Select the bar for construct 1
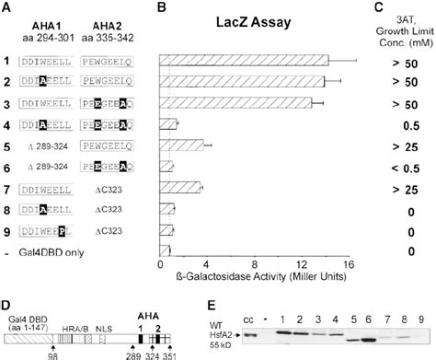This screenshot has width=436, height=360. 243,61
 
